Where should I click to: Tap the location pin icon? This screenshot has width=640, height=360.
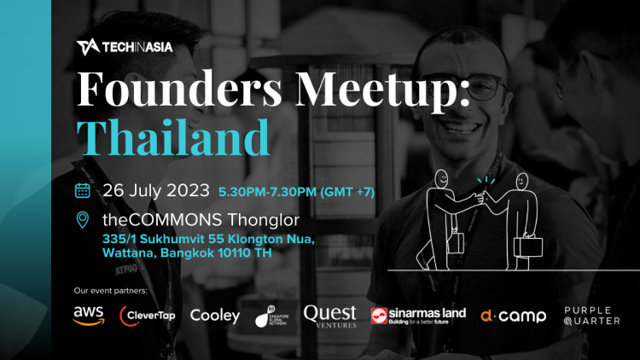(83, 220)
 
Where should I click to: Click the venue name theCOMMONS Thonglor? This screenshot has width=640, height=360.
(185, 220)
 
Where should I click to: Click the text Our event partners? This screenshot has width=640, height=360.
(111, 291)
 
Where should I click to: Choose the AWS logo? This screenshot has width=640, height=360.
(89, 316)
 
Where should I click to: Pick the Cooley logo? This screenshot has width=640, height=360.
(214, 316)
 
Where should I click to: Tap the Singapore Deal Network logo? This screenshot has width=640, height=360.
(274, 316)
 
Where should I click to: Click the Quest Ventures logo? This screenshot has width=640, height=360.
(329, 316)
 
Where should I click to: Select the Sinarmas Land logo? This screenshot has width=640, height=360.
(418, 316)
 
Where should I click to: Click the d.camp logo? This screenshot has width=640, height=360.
(512, 316)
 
